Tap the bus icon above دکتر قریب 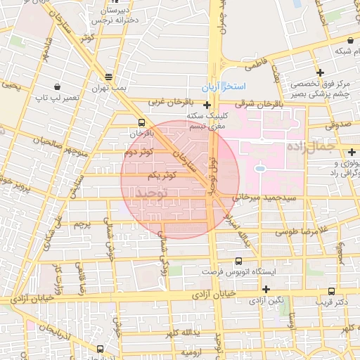(x=331, y=291)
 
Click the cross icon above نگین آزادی (x=266, y=289)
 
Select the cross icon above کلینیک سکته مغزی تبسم (x=207, y=105)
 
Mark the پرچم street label (x=83, y=225)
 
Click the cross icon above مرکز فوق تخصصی (x=320, y=72)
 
